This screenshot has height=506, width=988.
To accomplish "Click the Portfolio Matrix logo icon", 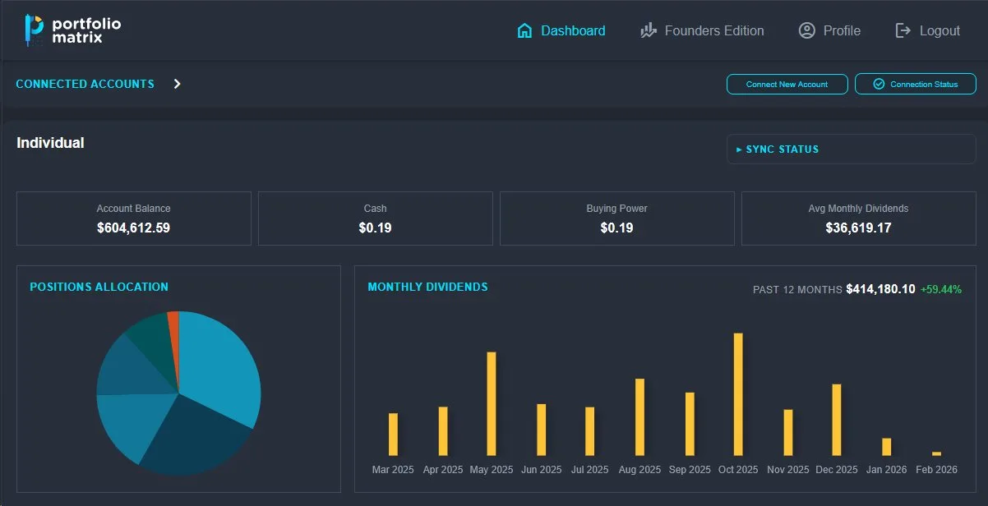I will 33,29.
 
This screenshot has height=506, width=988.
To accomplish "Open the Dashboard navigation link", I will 561,30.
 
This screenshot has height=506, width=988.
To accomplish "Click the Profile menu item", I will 829,30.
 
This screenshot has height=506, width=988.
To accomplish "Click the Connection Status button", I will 915,84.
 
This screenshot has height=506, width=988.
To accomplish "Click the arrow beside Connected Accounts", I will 177,84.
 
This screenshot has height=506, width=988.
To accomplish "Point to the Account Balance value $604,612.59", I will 133,228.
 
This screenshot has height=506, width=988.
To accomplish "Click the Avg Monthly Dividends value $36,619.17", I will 858,228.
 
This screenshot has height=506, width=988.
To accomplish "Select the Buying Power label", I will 616,209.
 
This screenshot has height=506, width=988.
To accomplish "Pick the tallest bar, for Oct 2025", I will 738,393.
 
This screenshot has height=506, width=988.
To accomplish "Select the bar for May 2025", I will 492,403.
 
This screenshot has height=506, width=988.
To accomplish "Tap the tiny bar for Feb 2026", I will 936,453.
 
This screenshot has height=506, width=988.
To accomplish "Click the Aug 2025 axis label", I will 639,470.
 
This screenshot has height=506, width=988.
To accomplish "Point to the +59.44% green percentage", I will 941,289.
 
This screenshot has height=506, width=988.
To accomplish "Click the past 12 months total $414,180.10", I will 880,289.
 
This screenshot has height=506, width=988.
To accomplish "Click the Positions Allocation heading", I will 99,287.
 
